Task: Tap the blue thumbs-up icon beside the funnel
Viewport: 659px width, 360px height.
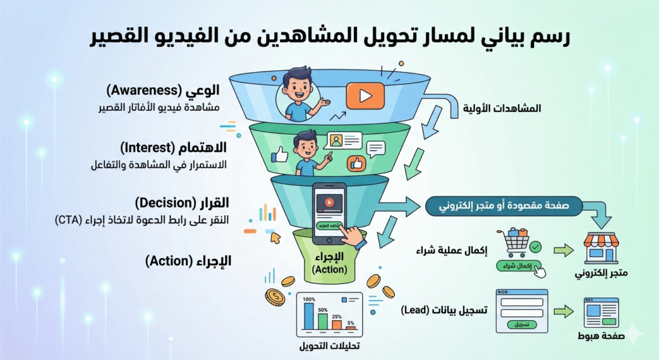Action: click(279, 155)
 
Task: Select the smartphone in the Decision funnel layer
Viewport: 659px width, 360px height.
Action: click(329, 213)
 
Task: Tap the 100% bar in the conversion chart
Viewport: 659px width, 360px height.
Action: click(308, 316)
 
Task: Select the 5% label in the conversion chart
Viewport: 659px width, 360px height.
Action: click(350, 323)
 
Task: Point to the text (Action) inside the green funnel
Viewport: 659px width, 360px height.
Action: click(329, 269)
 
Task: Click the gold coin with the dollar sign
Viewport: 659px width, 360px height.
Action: click(275, 298)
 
